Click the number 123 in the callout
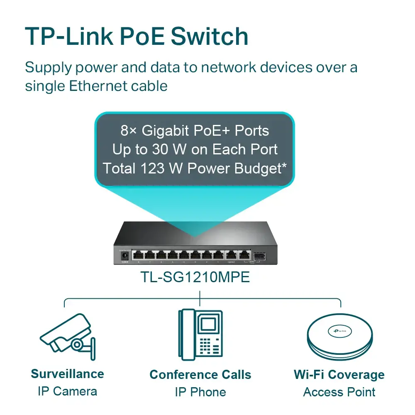[154, 168]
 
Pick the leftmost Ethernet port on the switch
[138, 255]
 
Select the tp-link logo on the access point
[339, 331]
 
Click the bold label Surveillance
[67, 373]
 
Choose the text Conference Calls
[200, 374]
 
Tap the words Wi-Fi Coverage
[339, 374]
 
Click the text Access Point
[339, 392]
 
